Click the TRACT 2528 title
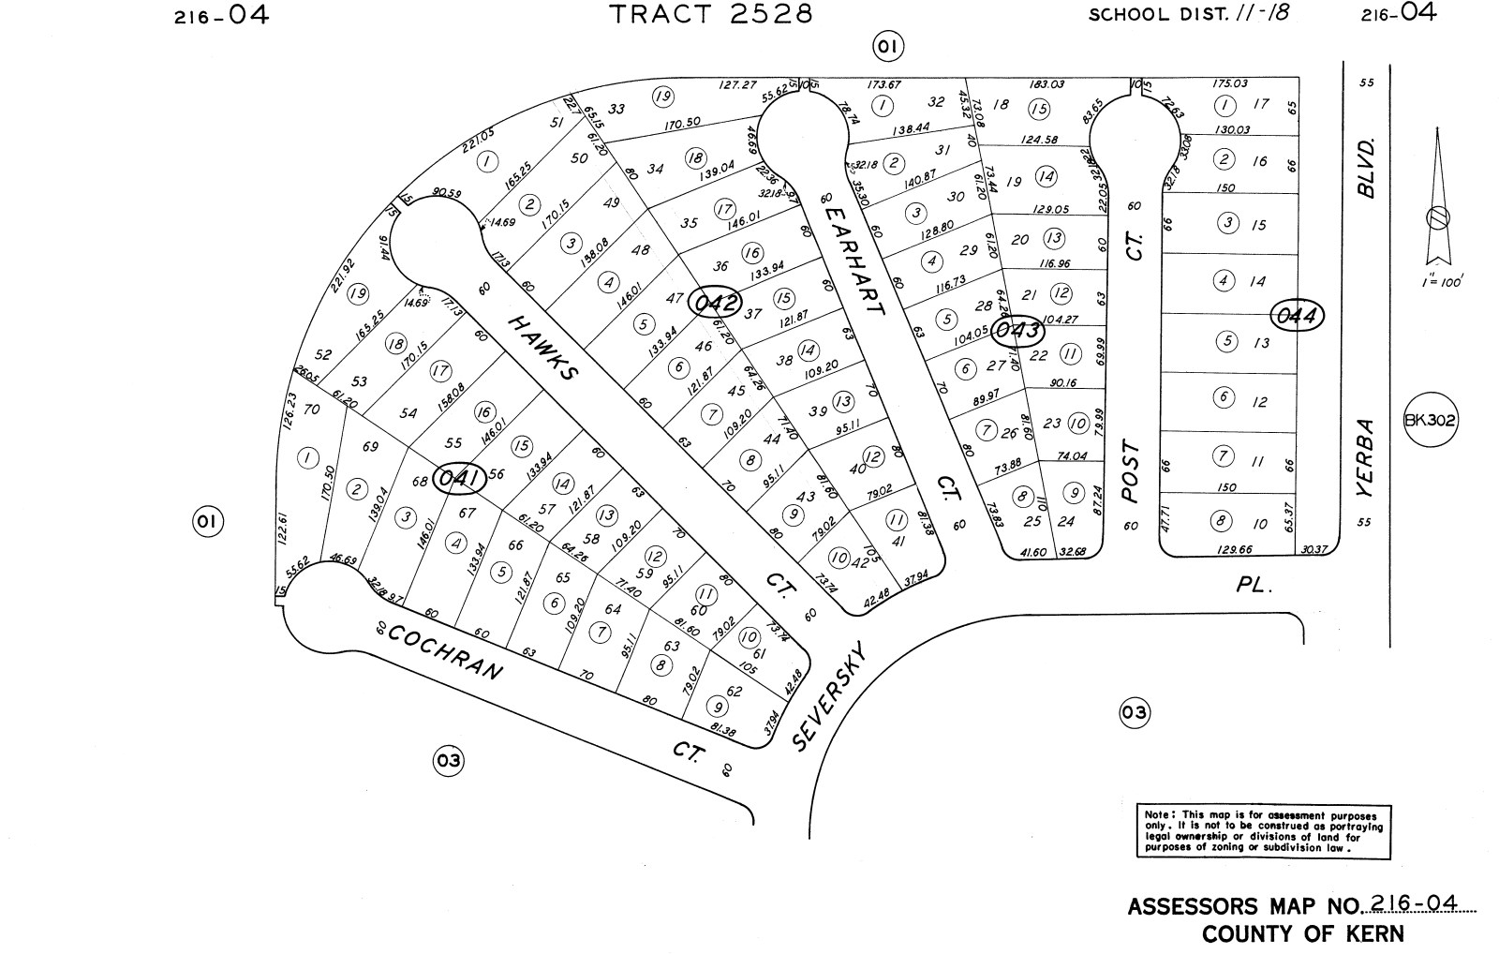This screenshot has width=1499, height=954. click(711, 15)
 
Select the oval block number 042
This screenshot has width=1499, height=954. click(715, 303)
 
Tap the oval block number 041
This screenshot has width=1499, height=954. click(460, 480)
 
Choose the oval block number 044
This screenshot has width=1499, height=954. click(1299, 317)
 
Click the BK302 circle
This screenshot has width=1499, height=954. click(1431, 419)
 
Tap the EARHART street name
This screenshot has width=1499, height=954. click(854, 260)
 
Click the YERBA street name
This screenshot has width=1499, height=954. click(1368, 458)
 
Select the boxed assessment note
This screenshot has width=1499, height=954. click(1263, 830)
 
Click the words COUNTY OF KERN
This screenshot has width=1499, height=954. click(1303, 934)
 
